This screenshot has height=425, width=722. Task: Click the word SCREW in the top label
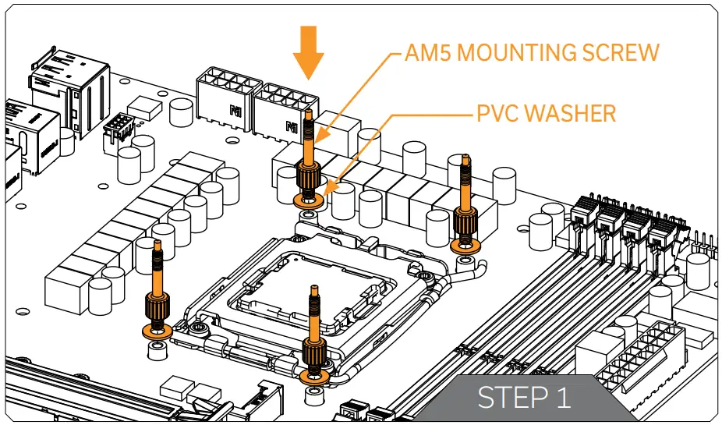tap(621, 52)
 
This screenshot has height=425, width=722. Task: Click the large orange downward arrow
tap(309, 52)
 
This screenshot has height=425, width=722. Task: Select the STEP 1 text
tap(524, 397)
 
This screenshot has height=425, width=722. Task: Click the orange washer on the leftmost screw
tap(157, 331)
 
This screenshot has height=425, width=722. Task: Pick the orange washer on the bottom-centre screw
tap(314, 375)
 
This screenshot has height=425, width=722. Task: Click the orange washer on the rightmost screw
tap(466, 245)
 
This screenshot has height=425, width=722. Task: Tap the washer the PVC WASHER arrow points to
tap(308, 200)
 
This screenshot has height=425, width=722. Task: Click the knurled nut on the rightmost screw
tap(466, 222)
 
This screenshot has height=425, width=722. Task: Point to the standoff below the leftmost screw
tap(157, 350)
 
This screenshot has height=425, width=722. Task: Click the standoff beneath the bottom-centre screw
tap(314, 395)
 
